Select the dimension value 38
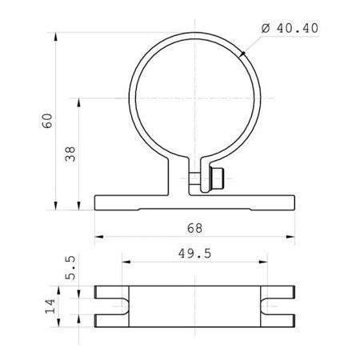pyautogui.click(x=70, y=154)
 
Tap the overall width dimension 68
pyautogui.click(x=194, y=228)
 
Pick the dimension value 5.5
pyautogui.click(x=70, y=266)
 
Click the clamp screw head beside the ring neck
pyautogui.click(x=214, y=180)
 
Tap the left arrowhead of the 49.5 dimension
pyautogui.click(x=122, y=261)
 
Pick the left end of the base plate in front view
pyautogui.click(x=96, y=202)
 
